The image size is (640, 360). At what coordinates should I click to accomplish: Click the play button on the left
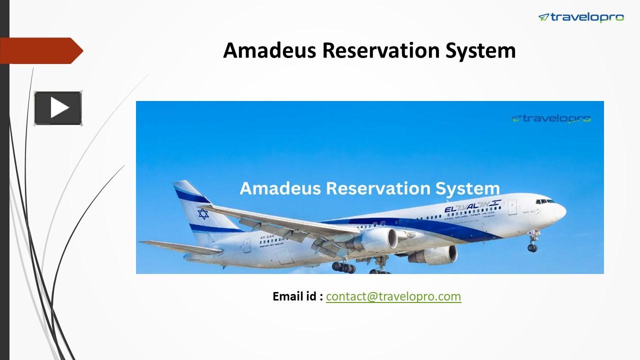click(x=58, y=108)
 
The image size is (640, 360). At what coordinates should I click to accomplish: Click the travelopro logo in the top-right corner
click(x=581, y=17)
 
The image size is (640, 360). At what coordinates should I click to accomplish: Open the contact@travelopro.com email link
click(x=393, y=296)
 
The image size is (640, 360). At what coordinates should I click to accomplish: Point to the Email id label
click(x=297, y=296)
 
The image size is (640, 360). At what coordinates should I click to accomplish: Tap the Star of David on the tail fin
click(x=203, y=214)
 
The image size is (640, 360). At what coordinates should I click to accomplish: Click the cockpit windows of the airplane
click(x=544, y=201)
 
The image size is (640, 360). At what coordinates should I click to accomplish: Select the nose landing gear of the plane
click(x=532, y=244)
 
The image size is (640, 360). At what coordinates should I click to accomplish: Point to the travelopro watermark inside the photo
click(x=551, y=118)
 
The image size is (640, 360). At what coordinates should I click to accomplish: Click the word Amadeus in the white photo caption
click(x=279, y=188)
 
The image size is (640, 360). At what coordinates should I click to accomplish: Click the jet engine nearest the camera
click(x=375, y=239)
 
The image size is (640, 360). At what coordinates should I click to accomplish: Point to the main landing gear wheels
click(x=344, y=267)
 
